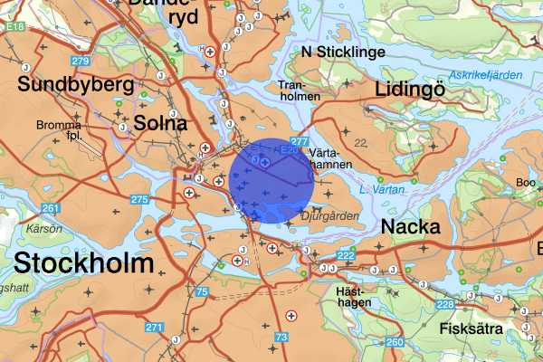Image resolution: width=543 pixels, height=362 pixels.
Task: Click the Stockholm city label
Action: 83,264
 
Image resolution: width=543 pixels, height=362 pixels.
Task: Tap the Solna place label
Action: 159,123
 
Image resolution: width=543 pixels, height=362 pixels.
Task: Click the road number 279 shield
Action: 81,62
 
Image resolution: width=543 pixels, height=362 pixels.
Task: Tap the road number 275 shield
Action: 138,199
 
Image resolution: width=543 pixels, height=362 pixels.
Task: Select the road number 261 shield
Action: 51,209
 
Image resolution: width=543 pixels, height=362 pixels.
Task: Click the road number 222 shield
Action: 346,257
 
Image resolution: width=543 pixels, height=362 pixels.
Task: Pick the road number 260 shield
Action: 395,342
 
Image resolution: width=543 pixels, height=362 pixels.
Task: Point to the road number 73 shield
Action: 281,338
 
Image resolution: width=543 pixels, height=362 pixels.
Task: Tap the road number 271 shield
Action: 155,328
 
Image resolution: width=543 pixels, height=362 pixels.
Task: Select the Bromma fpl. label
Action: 59,130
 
